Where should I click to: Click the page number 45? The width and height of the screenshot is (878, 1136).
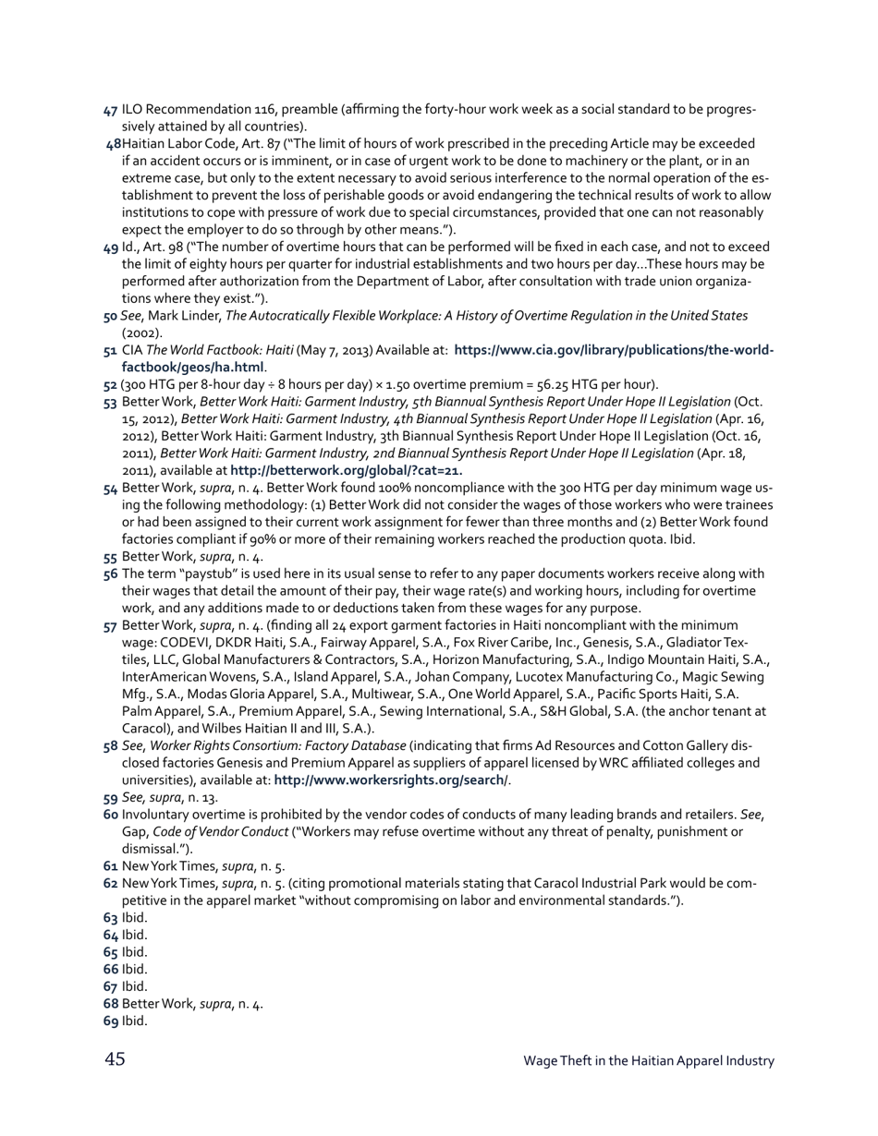click(x=115, y=1059)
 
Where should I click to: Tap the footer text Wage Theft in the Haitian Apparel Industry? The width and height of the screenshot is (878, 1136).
click(x=648, y=1060)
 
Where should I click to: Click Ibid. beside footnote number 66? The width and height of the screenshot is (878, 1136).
click(x=134, y=970)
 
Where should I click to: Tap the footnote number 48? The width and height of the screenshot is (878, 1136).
click(x=114, y=144)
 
